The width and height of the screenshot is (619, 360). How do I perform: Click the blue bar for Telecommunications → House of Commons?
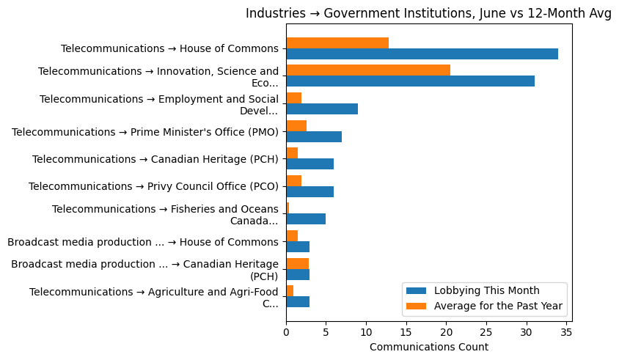422,54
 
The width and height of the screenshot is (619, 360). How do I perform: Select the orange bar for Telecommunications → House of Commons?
337,43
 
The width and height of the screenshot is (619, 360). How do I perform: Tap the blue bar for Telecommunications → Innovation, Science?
410,81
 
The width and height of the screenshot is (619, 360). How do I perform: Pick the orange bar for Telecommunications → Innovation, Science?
368,70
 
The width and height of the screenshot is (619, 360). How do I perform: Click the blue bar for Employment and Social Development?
322,109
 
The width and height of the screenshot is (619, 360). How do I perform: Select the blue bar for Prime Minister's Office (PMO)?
314,137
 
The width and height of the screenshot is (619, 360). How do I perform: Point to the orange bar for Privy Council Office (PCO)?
293,181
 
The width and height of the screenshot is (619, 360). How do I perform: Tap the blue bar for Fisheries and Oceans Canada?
306,219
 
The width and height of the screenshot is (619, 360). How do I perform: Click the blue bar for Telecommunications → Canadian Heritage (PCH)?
309,164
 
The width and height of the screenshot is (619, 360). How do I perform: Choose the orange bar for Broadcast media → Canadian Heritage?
297,263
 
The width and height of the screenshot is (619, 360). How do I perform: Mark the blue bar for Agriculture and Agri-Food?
298,302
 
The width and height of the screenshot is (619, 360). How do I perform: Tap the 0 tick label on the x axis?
286,331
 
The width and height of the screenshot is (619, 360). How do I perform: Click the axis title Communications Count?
428,347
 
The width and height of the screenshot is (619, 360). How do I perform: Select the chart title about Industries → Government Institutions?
428,13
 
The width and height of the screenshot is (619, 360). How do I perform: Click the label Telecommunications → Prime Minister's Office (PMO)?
145,132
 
